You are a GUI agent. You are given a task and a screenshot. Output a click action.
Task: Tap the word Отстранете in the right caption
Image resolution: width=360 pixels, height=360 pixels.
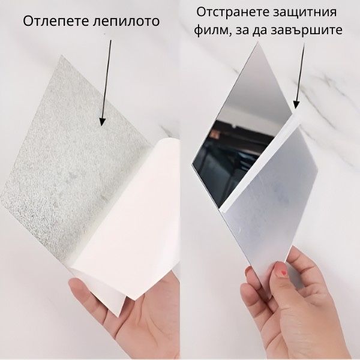tap(230, 13)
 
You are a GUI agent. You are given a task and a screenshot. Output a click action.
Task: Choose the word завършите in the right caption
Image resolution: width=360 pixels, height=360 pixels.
tap(310, 30)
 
